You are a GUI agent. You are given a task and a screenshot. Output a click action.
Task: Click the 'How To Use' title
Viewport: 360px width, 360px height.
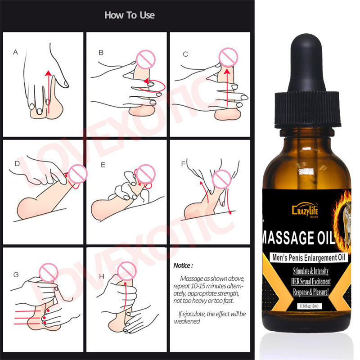pyautogui.click(x=130, y=15)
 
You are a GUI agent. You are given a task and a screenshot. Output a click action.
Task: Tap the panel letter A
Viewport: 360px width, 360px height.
pyautogui.click(x=15, y=52)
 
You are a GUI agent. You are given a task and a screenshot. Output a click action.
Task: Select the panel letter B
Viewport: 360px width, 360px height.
pyautogui.click(x=101, y=53)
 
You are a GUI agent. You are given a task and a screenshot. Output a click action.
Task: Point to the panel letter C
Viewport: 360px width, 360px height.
pyautogui.click(x=185, y=54)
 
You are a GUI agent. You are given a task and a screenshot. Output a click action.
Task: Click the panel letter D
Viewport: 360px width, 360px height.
pyautogui.click(x=17, y=163)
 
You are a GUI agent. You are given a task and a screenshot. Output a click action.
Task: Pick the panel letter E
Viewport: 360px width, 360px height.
pyautogui.click(x=103, y=165)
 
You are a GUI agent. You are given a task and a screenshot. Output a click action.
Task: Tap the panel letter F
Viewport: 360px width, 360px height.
pyautogui.click(x=183, y=164)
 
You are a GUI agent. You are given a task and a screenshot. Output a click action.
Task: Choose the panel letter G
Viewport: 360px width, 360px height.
pyautogui.click(x=16, y=274)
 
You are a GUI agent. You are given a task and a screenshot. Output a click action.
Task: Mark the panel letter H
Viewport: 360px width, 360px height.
pyautogui.click(x=102, y=276)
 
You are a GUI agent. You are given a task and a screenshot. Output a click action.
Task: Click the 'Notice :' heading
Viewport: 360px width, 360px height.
pyautogui.click(x=183, y=265)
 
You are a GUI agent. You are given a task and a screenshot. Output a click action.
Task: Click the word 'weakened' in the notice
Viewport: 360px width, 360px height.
pyautogui.click(x=187, y=321)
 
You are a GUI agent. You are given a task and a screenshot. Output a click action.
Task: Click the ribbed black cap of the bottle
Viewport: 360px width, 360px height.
pyautogui.click(x=307, y=109)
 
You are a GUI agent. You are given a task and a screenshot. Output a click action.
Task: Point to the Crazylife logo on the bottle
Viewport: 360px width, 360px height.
pyautogui.click(x=305, y=210)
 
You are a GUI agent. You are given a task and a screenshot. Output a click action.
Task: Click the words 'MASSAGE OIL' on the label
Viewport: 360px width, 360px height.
pyautogui.click(x=298, y=238)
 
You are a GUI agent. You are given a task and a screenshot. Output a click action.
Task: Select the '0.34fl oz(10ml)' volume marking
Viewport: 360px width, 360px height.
pyautogui.click(x=309, y=306)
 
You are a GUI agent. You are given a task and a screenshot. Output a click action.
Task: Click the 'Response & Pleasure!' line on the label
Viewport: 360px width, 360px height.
pyautogui.click(x=311, y=292)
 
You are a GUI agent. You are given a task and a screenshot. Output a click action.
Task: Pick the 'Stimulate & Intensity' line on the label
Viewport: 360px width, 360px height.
pyautogui.click(x=311, y=271)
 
